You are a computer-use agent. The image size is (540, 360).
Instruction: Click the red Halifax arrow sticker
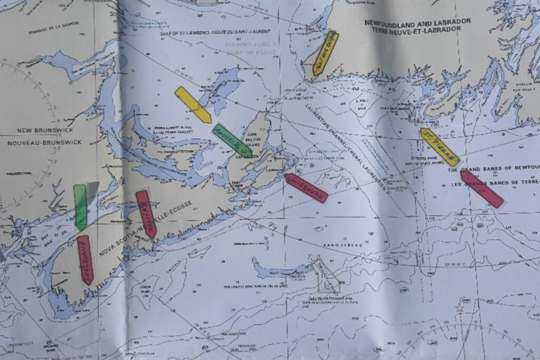[x=146, y=214]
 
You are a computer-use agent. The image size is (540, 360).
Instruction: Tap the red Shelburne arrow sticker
[x=85, y=260]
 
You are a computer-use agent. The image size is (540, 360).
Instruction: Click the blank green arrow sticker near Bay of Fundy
[x=80, y=207]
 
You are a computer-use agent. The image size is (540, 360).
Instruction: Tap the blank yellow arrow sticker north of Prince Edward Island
[x=193, y=105]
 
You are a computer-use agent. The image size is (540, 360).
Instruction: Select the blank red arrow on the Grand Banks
[x=481, y=189]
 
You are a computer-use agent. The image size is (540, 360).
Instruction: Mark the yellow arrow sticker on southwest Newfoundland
[x=324, y=53]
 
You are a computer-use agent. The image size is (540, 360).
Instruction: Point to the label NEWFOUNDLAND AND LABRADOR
[x=417, y=22]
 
